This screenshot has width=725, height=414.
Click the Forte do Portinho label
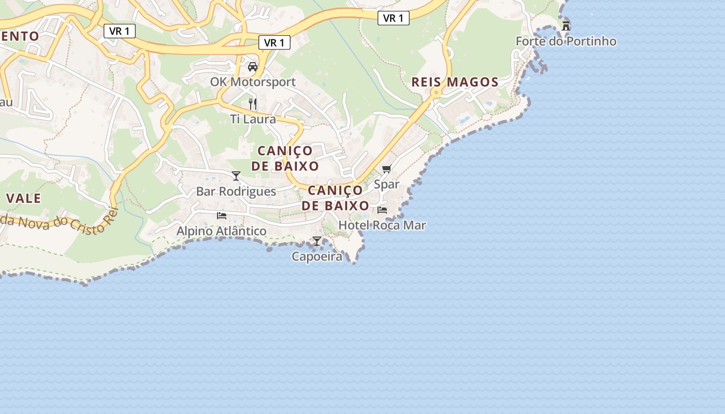coord(566,41)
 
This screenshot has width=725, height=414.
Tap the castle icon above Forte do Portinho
coord(566,25)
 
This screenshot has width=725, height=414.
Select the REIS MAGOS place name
coord(455,82)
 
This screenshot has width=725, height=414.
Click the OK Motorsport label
coord(253,82)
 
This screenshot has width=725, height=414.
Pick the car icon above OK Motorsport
coord(253,66)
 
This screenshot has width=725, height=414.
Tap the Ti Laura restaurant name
coord(253,119)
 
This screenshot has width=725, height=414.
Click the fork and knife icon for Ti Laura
coord(253,103)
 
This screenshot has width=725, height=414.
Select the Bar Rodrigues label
coord(236,191)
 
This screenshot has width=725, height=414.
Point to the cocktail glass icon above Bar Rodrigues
coord(236,176)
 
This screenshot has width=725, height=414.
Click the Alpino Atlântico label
coord(222,231)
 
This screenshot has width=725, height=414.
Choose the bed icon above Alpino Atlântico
coord(222,215)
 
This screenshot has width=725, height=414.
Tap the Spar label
coord(387,184)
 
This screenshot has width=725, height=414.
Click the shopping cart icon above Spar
coord(387,169)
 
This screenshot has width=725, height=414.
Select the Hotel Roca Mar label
coord(382,225)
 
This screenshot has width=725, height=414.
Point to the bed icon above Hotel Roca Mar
coord(382,210)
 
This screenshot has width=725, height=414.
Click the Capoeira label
coord(317,256)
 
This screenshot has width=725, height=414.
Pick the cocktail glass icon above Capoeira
coord(317,241)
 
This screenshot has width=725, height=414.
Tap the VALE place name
coord(24,198)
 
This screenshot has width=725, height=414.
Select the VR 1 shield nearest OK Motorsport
coord(274,43)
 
